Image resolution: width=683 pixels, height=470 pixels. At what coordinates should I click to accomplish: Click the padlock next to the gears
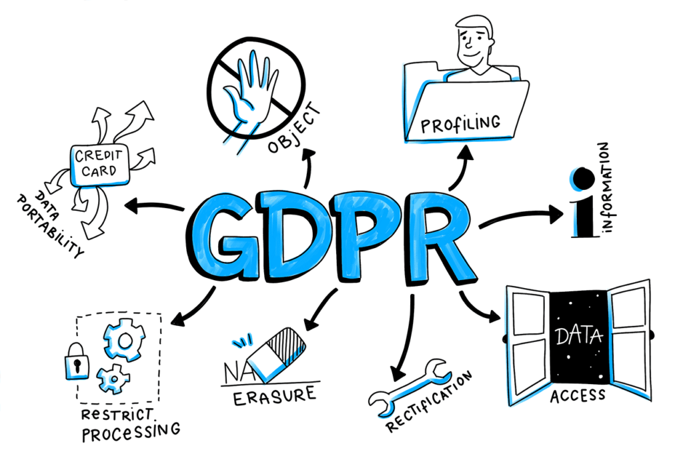tap(77, 361)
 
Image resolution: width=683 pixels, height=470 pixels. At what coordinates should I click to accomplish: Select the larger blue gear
tap(124, 339)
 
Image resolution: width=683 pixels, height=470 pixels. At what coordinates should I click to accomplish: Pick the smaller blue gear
tap(113, 379)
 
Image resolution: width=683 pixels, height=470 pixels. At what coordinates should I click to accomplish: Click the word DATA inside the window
tap(579, 336)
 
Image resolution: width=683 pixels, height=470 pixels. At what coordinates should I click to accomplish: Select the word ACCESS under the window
tap(578, 395)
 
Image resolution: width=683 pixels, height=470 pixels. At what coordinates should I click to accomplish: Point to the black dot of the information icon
tap(584, 179)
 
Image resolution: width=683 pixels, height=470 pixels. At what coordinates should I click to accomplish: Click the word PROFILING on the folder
tap(460, 124)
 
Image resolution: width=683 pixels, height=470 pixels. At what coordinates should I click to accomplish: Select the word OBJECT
tap(294, 128)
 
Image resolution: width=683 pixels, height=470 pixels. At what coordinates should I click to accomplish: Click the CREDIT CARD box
tap(100, 165)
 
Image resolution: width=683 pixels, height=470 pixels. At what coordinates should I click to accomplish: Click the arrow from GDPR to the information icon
tap(521, 216)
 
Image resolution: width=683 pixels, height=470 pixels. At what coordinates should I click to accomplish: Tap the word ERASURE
tap(274, 396)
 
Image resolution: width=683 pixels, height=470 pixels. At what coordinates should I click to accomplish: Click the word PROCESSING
tap(131, 432)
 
